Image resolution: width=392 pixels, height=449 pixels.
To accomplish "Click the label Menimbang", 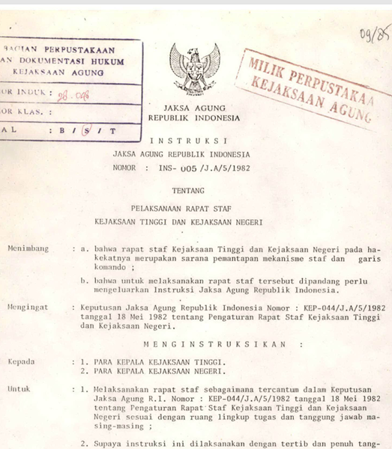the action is (25, 246).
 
